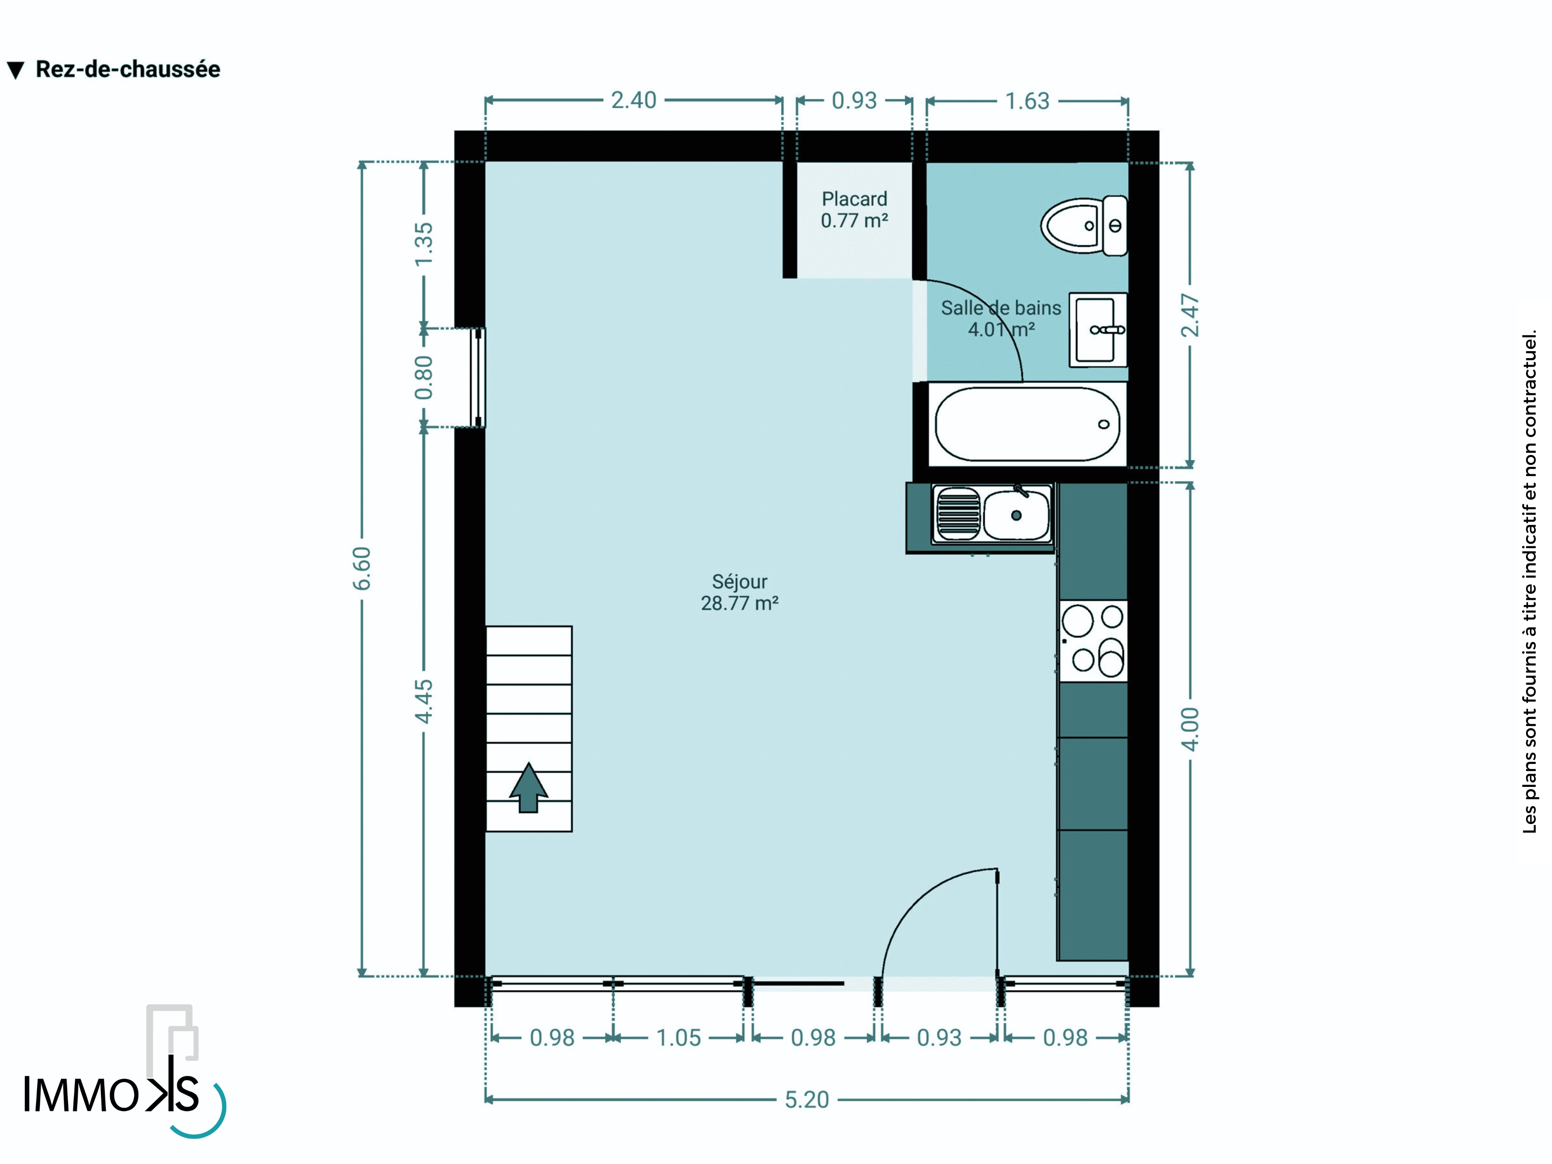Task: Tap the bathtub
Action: pos(1027,424)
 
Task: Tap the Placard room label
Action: pos(855,199)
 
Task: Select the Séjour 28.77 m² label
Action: pos(740,592)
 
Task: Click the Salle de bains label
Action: pos(1001,308)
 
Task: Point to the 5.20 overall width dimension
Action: pos(807,1100)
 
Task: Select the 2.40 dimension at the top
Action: pos(634,100)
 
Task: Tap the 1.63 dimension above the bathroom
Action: pos(1027,101)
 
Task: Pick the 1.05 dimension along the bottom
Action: pos(679,1038)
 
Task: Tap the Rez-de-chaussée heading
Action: pos(128,69)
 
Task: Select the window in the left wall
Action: pos(478,378)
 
